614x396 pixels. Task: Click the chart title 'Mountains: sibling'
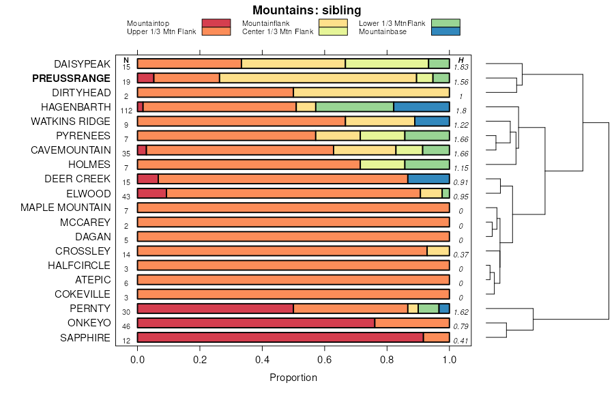[306, 10]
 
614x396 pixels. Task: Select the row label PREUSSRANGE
[71, 79]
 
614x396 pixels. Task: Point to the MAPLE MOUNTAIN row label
[65, 208]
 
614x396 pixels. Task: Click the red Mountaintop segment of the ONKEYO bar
[256, 323]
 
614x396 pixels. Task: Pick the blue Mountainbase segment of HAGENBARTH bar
[422, 107]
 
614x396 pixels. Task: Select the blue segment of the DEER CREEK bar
[428, 179]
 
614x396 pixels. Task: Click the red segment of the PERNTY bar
[215, 309]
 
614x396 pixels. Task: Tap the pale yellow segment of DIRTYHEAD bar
[371, 92]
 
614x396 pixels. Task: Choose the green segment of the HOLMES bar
[427, 165]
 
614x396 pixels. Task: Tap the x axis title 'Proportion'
[293, 378]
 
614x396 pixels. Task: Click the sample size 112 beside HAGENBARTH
[126, 111]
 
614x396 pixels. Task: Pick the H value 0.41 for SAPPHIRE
[461, 341]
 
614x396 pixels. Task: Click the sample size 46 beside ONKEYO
[126, 327]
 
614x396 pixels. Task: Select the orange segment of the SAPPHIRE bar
[436, 337]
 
